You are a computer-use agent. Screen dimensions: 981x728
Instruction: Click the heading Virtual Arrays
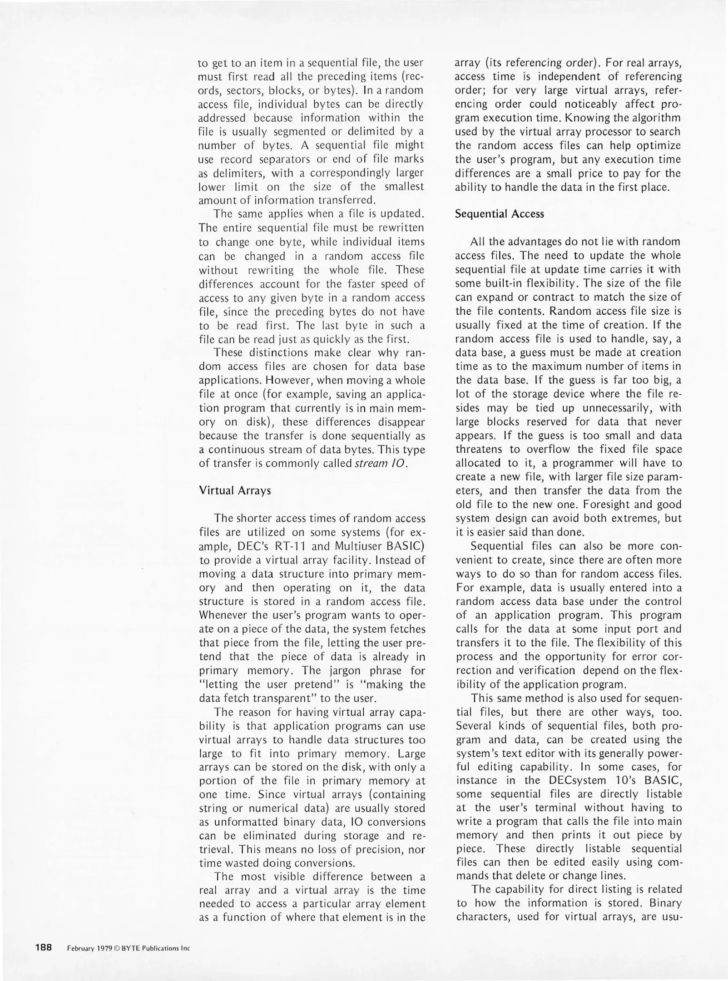[x=235, y=490]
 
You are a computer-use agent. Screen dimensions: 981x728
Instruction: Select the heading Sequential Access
[x=499, y=214]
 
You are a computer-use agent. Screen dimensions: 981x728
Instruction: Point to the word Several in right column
[x=475, y=726]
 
